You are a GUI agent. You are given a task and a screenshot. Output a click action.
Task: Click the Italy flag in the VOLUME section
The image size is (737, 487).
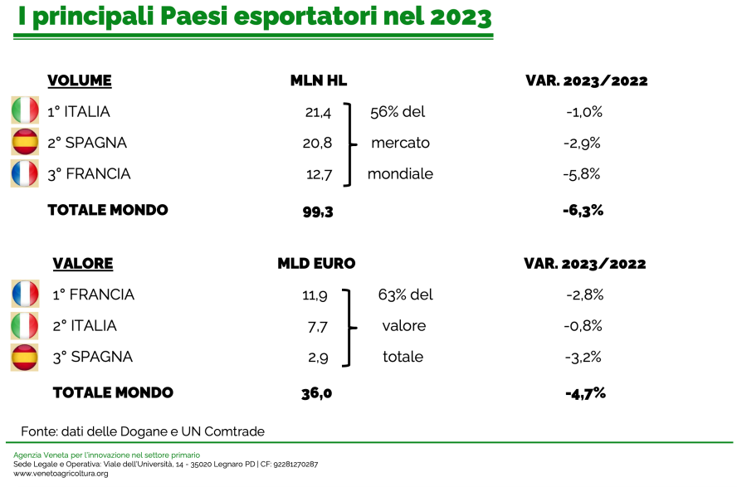click(25, 110)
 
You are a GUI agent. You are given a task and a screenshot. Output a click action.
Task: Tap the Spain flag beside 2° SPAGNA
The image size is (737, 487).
click(25, 142)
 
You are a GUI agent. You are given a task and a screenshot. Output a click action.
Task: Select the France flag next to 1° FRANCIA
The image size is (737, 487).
click(26, 294)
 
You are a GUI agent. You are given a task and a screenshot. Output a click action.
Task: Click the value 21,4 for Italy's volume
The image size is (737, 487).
click(318, 112)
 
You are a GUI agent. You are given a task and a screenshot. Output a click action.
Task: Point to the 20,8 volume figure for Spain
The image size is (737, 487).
click(317, 143)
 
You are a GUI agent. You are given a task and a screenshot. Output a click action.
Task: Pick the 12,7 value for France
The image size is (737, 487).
click(320, 175)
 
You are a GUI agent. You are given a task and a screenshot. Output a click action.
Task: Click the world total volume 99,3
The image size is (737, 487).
click(318, 212)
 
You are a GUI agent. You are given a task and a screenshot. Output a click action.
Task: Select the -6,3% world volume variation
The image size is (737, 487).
click(583, 210)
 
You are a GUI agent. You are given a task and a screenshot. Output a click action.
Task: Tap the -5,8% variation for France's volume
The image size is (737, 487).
click(582, 174)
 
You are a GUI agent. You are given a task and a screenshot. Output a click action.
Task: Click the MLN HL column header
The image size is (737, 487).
click(319, 80)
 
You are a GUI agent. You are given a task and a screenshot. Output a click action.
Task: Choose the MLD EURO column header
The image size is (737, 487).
click(316, 264)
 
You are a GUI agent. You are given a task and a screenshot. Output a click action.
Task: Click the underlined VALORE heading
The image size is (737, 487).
click(83, 264)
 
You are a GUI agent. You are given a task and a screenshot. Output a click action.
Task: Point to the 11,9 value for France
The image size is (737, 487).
click(315, 295)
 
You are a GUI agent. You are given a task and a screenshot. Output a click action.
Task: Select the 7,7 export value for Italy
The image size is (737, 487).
click(318, 326)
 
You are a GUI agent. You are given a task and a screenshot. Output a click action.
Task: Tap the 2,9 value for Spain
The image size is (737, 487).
click(318, 358)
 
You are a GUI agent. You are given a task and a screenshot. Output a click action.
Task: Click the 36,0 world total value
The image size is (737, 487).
click(317, 393)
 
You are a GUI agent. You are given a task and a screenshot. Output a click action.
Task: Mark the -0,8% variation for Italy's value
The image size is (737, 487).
click(583, 325)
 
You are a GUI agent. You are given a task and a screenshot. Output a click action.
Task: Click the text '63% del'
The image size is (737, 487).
click(405, 295)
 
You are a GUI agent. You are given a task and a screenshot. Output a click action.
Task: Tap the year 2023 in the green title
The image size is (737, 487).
click(461, 17)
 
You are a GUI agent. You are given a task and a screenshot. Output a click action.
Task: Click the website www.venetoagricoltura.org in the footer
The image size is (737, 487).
click(61, 474)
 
